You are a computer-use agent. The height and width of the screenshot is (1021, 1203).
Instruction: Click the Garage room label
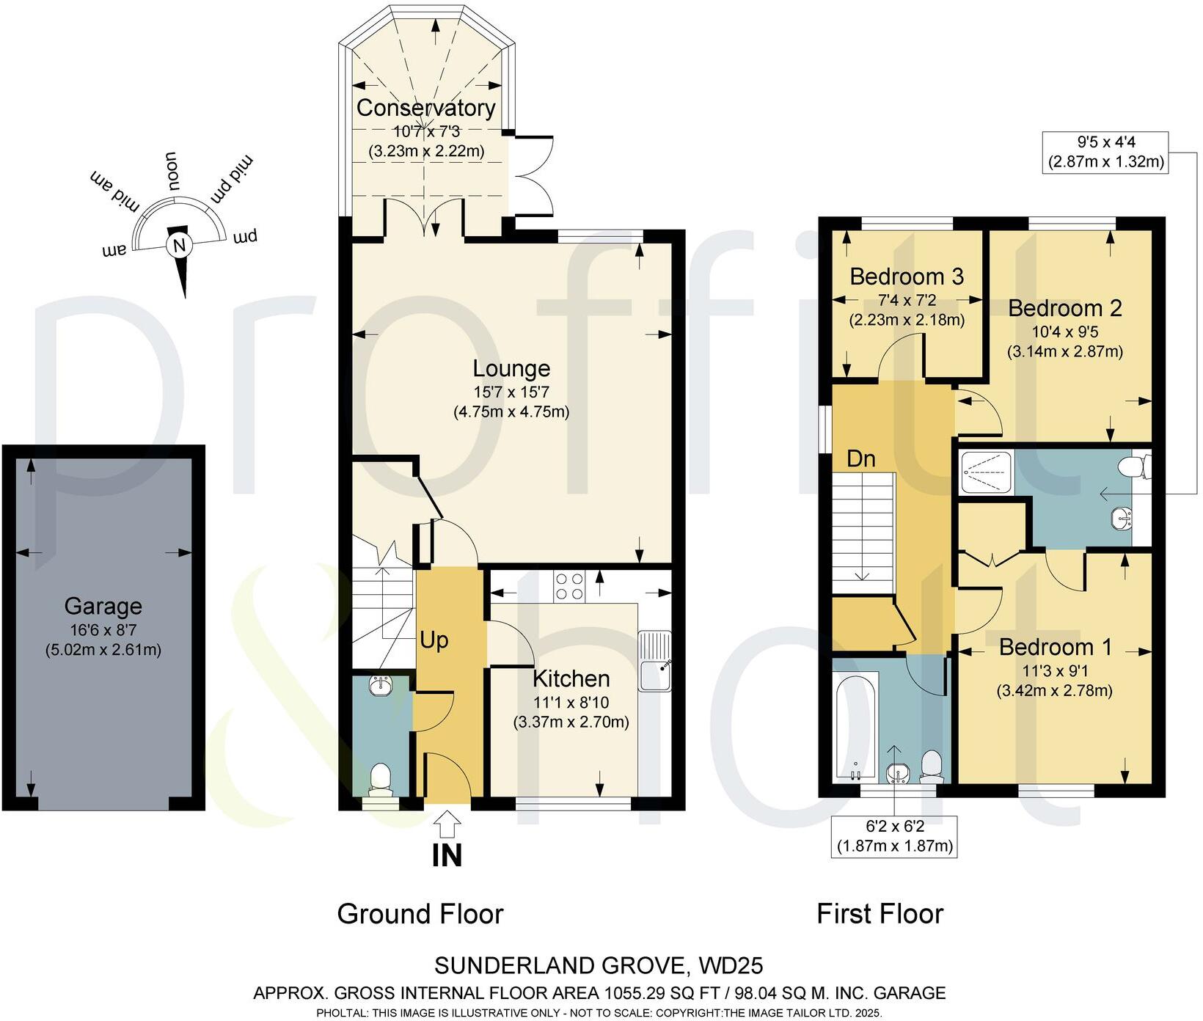[103, 607]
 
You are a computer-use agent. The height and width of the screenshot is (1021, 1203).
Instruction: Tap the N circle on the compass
[178, 245]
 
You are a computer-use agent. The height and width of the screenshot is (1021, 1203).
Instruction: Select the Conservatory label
[426, 108]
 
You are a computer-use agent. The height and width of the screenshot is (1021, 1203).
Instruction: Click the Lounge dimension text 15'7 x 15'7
[511, 392]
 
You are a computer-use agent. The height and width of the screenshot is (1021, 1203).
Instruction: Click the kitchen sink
[655, 660]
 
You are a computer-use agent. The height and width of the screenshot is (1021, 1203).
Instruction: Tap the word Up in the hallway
[434, 640]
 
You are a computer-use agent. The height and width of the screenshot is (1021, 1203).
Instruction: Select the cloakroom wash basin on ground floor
[381, 687]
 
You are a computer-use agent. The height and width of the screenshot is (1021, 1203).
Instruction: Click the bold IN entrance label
[447, 855]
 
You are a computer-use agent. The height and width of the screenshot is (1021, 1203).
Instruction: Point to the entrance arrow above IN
[447, 824]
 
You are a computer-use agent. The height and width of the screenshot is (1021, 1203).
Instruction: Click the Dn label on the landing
[861, 458]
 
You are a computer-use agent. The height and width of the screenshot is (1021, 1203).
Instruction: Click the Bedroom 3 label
[907, 277]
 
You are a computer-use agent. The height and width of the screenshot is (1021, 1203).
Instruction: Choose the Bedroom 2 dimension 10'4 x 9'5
[1064, 332]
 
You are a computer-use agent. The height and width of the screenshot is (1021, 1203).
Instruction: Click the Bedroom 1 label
[1056, 647]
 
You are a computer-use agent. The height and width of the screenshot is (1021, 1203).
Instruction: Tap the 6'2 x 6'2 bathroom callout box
[895, 836]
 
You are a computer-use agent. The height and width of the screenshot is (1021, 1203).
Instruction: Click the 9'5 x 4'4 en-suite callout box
[1106, 152]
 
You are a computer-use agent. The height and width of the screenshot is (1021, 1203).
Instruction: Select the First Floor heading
[880, 914]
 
